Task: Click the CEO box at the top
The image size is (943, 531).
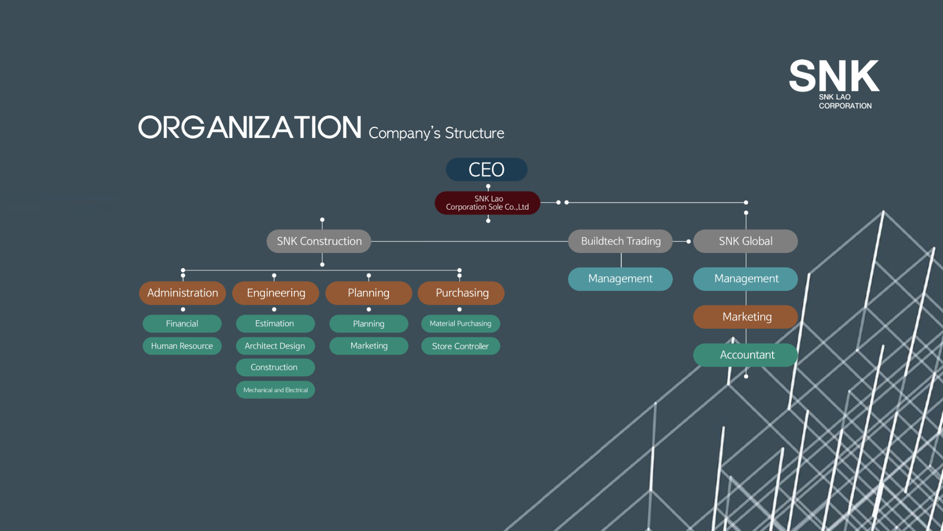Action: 486,169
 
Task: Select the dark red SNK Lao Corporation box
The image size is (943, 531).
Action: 487,203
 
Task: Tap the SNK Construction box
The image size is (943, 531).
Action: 319,241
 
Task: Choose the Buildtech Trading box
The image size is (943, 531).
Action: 620,241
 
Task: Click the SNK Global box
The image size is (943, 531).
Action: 746,241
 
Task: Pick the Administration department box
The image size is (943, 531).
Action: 183,293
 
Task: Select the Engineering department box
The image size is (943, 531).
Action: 276,293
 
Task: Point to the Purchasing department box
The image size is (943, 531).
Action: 461,293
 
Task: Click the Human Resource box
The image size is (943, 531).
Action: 182,346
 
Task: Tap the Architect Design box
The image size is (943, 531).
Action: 276,346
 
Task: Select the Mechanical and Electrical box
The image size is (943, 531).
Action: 276,390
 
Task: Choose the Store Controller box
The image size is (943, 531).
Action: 461,346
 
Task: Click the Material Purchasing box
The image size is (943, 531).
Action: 461,323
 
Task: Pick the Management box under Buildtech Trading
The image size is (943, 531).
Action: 620,279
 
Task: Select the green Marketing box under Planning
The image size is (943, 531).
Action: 369,346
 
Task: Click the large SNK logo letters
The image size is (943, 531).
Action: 834,76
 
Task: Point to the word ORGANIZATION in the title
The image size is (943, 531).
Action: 250,127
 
